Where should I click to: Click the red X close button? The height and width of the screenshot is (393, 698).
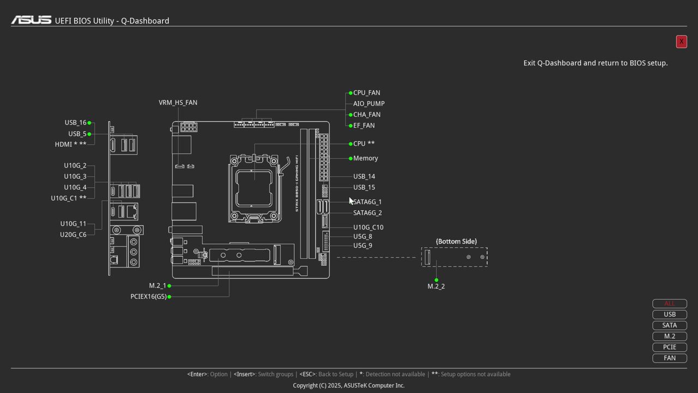click(x=681, y=41)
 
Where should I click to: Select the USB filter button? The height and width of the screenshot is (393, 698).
click(x=669, y=314)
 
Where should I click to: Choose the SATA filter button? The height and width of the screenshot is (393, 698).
click(x=669, y=325)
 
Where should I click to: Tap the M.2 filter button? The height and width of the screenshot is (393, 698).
click(x=669, y=336)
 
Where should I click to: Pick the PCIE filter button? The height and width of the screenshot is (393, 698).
click(x=669, y=347)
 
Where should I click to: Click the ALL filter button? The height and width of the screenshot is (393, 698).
click(x=669, y=303)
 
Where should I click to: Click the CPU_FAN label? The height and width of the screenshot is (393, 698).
click(x=366, y=93)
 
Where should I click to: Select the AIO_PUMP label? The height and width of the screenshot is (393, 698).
click(x=369, y=104)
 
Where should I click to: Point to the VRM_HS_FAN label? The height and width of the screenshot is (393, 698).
click(x=178, y=103)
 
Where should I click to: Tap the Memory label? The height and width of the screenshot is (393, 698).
click(x=365, y=158)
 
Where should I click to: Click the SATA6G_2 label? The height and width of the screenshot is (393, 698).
click(x=368, y=213)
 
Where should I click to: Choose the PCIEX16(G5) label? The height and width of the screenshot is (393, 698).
click(x=148, y=296)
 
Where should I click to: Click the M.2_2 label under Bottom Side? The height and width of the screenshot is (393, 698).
click(x=436, y=287)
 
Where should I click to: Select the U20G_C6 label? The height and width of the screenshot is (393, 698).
click(x=73, y=235)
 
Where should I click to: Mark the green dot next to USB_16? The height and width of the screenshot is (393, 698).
click(x=89, y=123)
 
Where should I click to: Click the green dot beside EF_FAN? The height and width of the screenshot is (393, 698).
click(x=351, y=126)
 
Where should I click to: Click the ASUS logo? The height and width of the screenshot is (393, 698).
click(x=31, y=20)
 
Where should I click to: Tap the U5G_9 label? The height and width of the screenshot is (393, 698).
click(x=363, y=246)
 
